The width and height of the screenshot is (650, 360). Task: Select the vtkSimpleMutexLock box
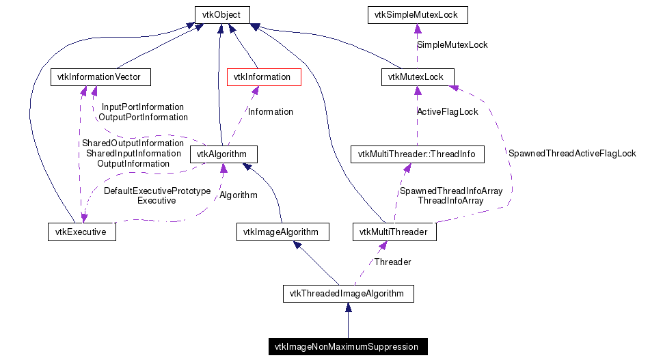417,14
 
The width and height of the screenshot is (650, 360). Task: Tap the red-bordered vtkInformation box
262,77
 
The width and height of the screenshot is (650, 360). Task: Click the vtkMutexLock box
416,77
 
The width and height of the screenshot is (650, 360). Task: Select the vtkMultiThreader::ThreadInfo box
416,154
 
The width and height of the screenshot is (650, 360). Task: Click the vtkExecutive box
81,232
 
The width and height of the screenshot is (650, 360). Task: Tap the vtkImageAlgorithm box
282,232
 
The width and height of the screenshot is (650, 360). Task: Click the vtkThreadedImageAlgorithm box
347,294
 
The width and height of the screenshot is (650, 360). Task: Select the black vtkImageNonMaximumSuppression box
347,347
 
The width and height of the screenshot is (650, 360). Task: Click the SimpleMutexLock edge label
452,44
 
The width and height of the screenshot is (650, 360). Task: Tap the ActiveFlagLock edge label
448,111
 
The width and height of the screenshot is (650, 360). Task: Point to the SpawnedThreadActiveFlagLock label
572,154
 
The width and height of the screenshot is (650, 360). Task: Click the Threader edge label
392,262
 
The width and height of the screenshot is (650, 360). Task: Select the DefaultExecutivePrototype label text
157,191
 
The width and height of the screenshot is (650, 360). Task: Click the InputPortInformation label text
142,107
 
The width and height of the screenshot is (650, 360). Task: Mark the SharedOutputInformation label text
133,143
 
